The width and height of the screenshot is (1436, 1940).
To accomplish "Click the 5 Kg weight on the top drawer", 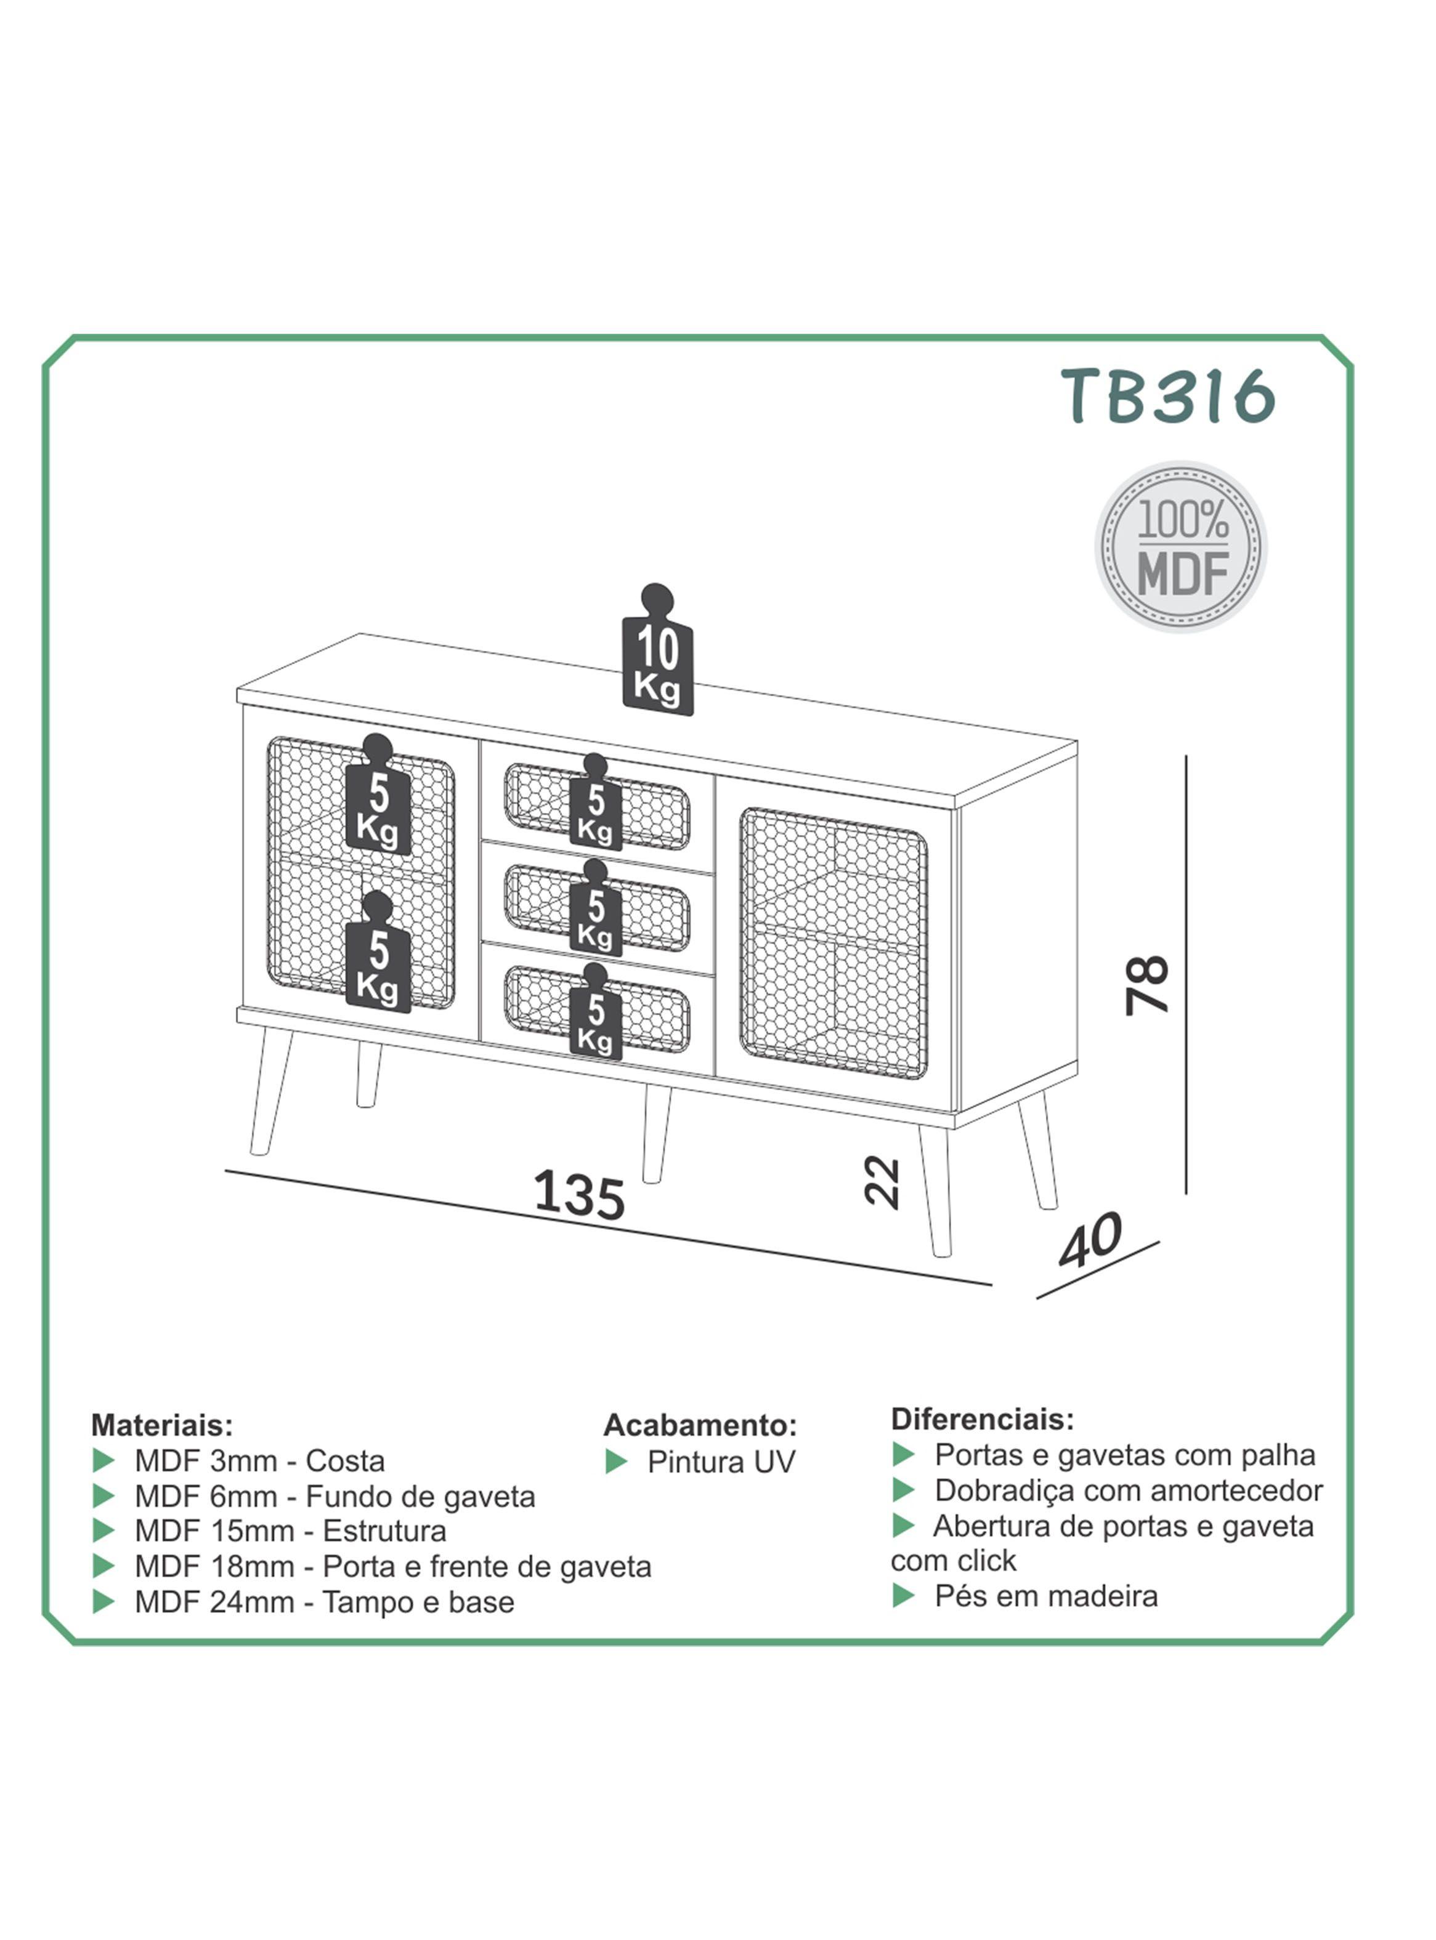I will [596, 807].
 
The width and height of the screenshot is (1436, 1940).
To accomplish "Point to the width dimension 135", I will [579, 1195].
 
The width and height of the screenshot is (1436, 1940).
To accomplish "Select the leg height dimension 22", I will [882, 1181].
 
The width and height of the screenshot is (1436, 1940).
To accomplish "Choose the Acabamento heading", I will [700, 1425].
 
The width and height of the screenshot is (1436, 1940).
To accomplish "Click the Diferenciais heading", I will [982, 1419].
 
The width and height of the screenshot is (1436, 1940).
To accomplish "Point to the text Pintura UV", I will [721, 1462].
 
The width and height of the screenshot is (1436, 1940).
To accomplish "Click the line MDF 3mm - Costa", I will [259, 1460].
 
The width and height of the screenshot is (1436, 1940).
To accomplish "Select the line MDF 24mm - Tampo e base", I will [323, 1601].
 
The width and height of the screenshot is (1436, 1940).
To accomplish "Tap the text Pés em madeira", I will [1045, 1595].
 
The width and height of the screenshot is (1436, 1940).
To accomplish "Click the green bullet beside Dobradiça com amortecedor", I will [904, 1490].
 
